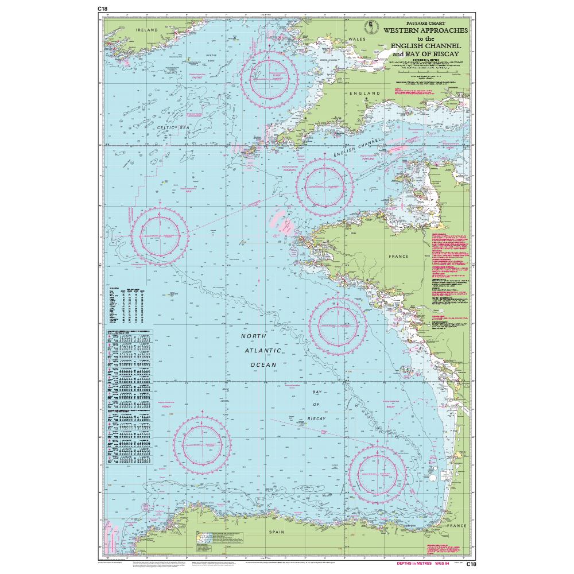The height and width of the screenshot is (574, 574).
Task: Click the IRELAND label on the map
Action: (x=146, y=29)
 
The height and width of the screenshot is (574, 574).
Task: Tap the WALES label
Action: (x=357, y=39)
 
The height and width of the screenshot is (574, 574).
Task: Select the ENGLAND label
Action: (x=363, y=92)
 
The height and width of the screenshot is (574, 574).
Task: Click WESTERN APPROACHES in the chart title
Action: (x=425, y=30)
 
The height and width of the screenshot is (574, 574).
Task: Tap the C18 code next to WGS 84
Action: (x=471, y=564)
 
